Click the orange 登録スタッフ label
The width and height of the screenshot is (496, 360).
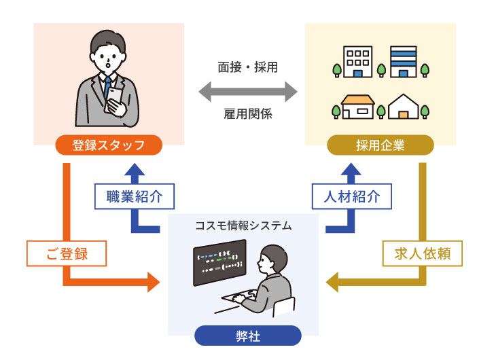[x=108, y=145]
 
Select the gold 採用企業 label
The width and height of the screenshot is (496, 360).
[x=380, y=145]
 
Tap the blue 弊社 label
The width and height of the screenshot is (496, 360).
[x=247, y=336]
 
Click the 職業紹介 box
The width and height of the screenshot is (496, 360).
[x=133, y=197]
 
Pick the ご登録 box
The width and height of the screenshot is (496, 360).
[x=67, y=255]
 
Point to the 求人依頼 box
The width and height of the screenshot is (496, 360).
[x=422, y=255]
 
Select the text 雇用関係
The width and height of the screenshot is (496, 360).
[x=247, y=114]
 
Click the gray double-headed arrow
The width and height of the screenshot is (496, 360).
[x=247, y=90]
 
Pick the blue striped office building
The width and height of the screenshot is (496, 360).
[x=403, y=62]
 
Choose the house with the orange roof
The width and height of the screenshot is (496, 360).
[x=358, y=107]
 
